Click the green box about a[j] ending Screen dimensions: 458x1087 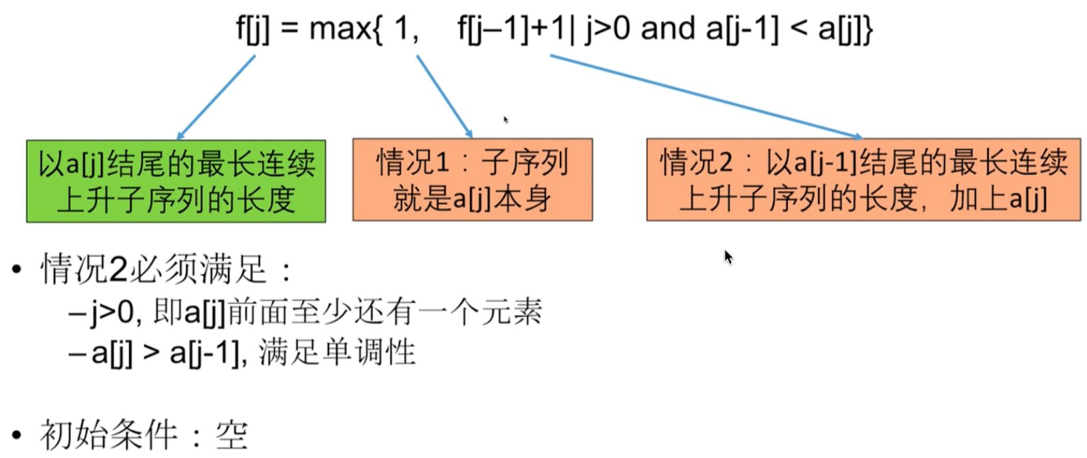176,181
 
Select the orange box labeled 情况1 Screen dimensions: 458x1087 472,179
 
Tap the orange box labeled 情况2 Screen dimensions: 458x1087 863,179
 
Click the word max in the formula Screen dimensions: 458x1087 340,29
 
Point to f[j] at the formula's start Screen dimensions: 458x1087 253,29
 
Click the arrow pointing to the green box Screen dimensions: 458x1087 215,98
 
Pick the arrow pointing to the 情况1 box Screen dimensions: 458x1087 444,96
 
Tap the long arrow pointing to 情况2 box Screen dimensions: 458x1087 705,97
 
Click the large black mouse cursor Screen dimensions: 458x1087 729,257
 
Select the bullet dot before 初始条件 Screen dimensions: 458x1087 17,436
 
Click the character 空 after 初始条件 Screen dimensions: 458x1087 231,436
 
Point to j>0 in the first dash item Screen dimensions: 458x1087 112,312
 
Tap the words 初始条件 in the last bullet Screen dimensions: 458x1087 109,435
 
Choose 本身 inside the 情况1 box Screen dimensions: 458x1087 523,199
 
